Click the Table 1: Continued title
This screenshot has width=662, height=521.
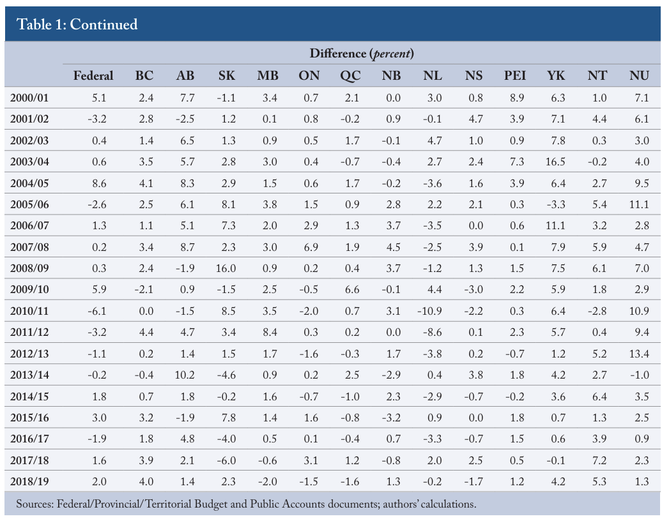pos(77,24)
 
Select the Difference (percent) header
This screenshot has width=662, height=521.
pos(362,54)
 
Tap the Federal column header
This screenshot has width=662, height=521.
pos(93,75)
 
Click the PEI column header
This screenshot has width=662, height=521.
pos(514,75)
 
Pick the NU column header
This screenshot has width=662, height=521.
pos(639,75)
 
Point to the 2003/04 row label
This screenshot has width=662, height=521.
pos(29,162)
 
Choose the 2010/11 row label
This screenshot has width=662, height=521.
pos(29,311)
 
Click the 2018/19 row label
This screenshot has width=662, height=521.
pos(29,481)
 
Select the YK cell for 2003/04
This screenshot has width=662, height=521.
pos(555,162)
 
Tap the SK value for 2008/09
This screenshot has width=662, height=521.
pos(226,268)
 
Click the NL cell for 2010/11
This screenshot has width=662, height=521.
pos(430,311)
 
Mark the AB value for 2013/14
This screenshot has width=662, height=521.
pos(185,375)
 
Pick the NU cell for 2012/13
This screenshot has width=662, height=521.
pos(639,354)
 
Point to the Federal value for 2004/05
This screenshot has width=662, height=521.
pos(99,183)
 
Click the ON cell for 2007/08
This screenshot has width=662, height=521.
pos(311,247)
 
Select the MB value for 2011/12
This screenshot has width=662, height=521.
pos(270,332)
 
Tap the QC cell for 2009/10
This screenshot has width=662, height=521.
pos(352,289)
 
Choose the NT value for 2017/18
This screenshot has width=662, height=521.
pos(599,460)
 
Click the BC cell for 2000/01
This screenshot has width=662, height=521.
pos(146,98)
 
